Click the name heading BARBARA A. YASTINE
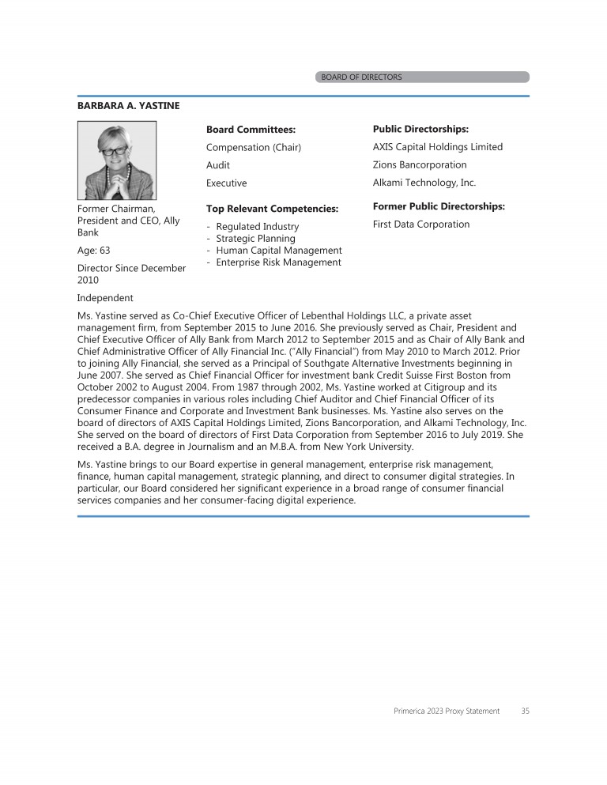[129, 105]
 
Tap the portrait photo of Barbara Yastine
[117, 160]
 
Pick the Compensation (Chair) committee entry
[254, 147]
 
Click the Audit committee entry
[218, 165]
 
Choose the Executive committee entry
[226, 183]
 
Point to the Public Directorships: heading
[420, 129]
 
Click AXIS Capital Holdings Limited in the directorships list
[437, 147]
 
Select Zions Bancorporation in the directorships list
[420, 165]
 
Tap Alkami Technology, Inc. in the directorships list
[424, 183]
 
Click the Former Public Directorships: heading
[439, 207]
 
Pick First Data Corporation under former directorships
[421, 225]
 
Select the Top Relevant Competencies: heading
[272, 209]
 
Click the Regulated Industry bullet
[257, 227]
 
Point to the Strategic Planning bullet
[255, 239]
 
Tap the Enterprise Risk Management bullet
[278, 262]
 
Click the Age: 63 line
[93, 250]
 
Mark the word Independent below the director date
[105, 298]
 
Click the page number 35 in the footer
[526, 711]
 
